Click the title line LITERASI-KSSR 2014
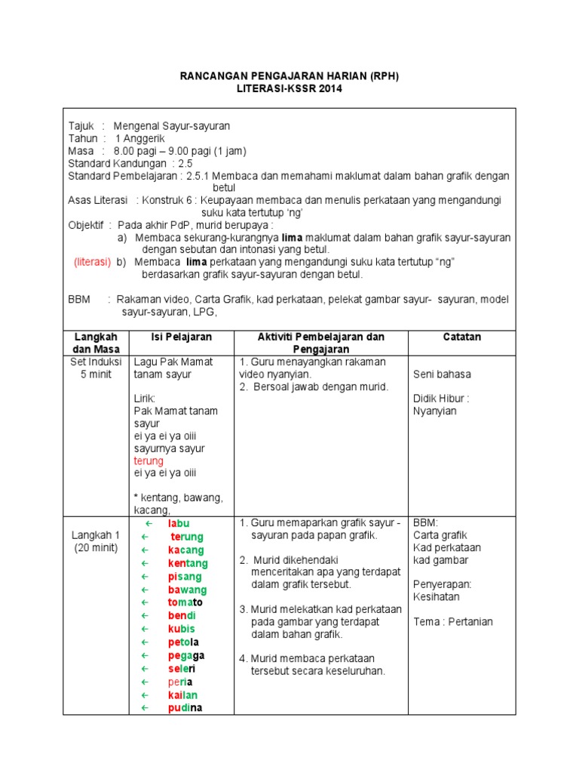click(289, 88)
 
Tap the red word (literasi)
click(92, 262)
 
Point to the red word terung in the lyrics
click(149, 460)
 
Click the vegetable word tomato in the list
click(185, 602)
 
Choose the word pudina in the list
click(185, 708)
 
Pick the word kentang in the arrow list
click(188, 563)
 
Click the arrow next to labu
click(149, 524)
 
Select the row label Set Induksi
click(96, 362)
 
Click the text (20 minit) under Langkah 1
click(96, 547)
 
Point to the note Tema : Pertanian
click(452, 622)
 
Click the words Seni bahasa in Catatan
click(441, 374)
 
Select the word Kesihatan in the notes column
click(437, 596)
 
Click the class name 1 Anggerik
click(139, 139)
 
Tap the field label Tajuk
click(81, 126)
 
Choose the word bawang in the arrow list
click(187, 590)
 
